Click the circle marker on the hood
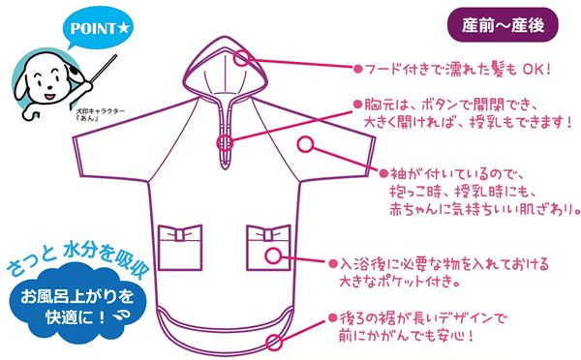[244, 57]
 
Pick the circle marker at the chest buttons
[226, 144]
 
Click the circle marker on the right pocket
[274, 256]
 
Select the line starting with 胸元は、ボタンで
[451, 103]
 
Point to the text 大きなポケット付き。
[406, 284]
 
